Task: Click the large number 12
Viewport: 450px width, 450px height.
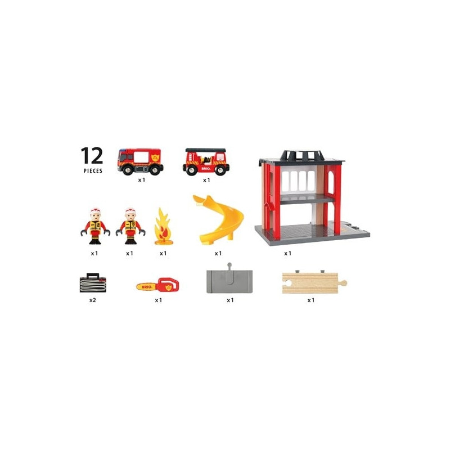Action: tap(92, 155)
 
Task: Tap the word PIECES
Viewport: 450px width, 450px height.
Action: tap(93, 171)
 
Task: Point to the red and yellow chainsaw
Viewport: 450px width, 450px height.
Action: tap(157, 285)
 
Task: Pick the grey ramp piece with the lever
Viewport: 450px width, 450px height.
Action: tap(229, 280)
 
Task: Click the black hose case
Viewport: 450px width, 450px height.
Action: tap(93, 283)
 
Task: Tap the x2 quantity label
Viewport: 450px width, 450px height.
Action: tap(92, 300)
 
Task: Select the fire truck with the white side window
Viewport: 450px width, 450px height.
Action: tap(140, 161)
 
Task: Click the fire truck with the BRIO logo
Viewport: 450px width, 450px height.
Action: tap(206, 162)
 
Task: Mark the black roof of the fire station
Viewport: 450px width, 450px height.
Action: tap(302, 157)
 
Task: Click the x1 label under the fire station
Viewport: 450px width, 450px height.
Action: tap(287, 254)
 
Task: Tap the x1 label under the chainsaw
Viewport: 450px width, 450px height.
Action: tap(159, 300)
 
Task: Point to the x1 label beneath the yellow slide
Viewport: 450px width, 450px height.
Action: tap(218, 254)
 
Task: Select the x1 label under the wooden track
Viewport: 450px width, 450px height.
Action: tap(311, 300)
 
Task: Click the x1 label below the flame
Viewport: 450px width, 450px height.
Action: tap(163, 254)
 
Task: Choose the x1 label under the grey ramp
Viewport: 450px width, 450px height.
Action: tap(230, 300)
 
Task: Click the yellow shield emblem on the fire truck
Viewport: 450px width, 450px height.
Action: tap(155, 157)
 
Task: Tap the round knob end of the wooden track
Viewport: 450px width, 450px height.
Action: tap(344, 283)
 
